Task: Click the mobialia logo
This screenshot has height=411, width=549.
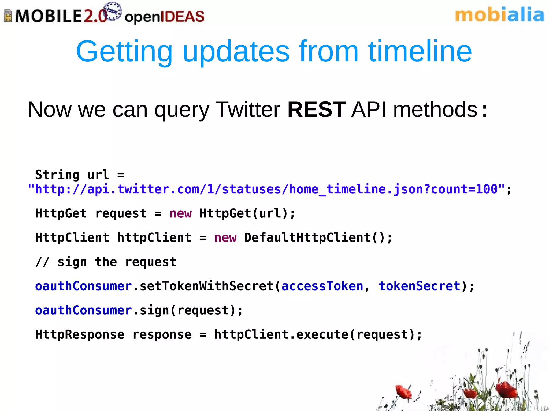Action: click(499, 15)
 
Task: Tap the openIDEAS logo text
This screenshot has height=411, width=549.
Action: click(164, 17)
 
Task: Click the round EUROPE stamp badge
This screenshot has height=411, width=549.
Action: click(112, 12)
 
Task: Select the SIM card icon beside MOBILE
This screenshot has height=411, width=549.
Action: click(8, 16)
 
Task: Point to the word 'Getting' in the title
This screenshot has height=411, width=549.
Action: click(124, 52)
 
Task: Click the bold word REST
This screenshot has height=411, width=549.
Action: click(316, 110)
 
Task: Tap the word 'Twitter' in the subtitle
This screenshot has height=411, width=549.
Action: click(248, 110)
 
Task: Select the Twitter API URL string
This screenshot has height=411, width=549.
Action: click(266, 189)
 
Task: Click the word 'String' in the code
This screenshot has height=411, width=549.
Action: click(57, 175)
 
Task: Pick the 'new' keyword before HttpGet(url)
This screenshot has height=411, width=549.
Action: click(180, 214)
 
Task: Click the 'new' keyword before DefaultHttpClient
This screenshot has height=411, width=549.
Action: click(225, 238)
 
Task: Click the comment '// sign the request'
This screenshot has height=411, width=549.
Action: click(106, 262)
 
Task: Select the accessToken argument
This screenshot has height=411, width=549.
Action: click(322, 286)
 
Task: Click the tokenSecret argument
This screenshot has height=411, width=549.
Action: click(419, 286)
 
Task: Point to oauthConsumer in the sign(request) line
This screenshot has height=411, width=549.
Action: click(83, 310)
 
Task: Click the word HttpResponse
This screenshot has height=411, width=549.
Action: click(80, 335)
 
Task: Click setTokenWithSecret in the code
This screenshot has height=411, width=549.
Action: click(206, 286)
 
